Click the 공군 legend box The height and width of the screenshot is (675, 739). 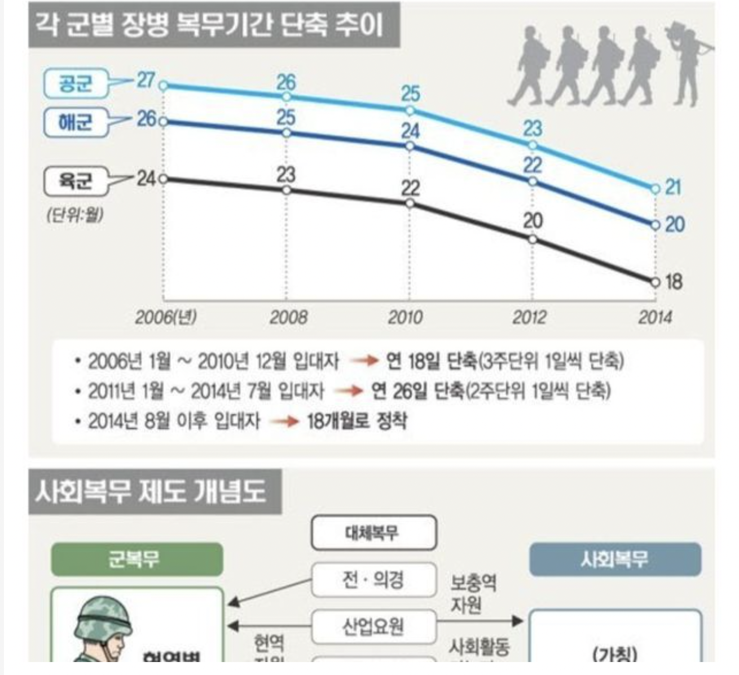(x=76, y=84)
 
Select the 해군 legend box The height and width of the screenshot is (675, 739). (x=76, y=121)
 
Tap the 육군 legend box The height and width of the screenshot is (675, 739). (x=76, y=181)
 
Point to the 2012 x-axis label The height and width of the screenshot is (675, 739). (x=529, y=318)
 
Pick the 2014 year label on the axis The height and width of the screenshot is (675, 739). (x=655, y=318)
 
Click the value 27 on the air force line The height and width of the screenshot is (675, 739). (x=145, y=80)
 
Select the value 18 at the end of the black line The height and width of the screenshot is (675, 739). (x=674, y=281)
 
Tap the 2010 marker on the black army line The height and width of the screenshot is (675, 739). (x=410, y=203)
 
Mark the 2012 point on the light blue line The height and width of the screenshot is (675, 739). (x=533, y=145)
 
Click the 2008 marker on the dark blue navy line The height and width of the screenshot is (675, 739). (x=287, y=133)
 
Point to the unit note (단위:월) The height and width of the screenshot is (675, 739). (x=74, y=215)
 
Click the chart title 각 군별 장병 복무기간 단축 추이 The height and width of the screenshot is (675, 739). (x=214, y=25)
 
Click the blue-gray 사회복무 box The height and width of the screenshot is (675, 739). (x=615, y=559)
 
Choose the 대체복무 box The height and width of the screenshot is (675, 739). (x=373, y=532)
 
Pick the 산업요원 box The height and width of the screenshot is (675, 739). (x=373, y=625)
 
